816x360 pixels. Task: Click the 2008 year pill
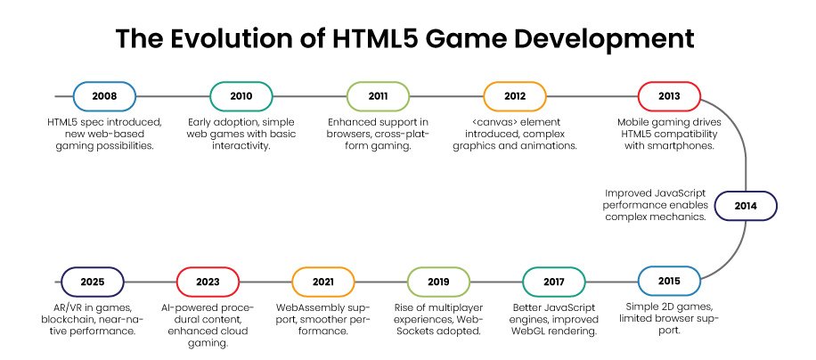point(104,96)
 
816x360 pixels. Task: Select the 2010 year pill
point(241,96)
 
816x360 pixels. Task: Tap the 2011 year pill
point(378,96)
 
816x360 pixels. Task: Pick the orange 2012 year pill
point(514,96)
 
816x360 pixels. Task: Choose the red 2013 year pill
point(669,96)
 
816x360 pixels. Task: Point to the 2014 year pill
point(746,206)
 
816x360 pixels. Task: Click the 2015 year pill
point(669,282)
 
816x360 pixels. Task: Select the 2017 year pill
point(554,282)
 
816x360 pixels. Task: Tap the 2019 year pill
point(438,282)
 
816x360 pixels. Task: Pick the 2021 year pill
point(322,282)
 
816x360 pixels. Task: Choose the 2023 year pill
point(208,282)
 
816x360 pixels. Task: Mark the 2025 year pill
point(92,282)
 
